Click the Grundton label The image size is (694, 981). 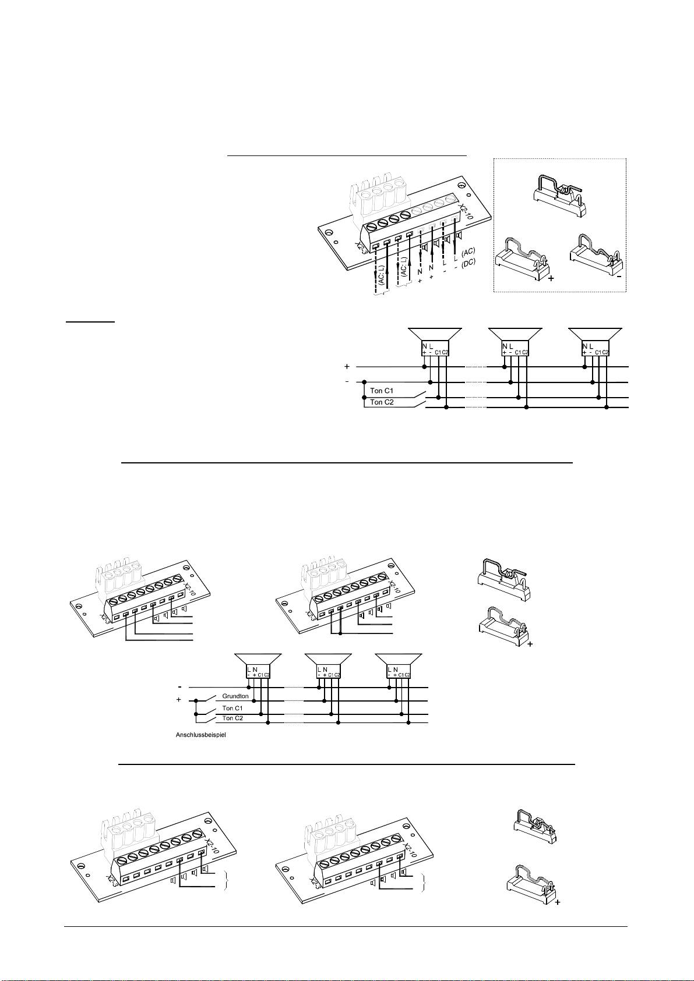[x=235, y=696]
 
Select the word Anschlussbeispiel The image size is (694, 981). [x=200, y=735]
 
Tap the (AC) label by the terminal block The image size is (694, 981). [x=468, y=253]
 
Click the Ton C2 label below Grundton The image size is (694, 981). [x=232, y=718]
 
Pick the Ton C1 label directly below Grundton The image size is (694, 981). [x=232, y=708]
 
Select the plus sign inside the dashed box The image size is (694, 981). [x=551, y=279]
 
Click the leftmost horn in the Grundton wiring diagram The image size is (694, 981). [x=258, y=666]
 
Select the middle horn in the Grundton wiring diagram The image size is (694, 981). [x=328, y=666]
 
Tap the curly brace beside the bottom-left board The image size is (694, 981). [x=225, y=881]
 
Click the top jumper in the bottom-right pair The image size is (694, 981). [x=534, y=824]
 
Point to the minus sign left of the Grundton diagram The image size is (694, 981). [x=181, y=686]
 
